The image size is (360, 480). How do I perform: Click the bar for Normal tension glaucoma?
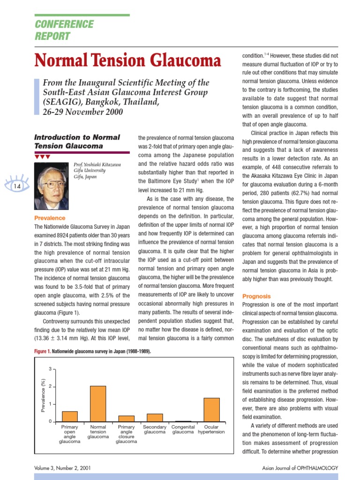coord(98,404)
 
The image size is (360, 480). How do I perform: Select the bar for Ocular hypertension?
coord(211,410)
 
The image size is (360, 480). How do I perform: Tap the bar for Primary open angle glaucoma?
coord(70,416)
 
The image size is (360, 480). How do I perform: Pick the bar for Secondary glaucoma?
coord(155,418)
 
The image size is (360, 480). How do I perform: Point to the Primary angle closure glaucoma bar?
coord(126,419)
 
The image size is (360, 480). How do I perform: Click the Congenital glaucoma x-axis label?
coord(183,429)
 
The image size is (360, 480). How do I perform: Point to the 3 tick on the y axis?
coord(50,369)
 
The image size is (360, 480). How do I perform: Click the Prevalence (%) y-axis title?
coord(43,395)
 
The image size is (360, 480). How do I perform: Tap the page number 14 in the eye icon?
coord(16,186)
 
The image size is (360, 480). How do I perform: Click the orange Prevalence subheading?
coord(50,218)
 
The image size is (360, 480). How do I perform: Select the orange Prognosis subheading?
coord(256,296)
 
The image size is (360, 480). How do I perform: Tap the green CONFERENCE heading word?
coord(65,24)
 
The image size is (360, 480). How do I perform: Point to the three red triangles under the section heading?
coord(42,157)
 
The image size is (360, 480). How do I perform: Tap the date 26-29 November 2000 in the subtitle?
coord(83,112)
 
